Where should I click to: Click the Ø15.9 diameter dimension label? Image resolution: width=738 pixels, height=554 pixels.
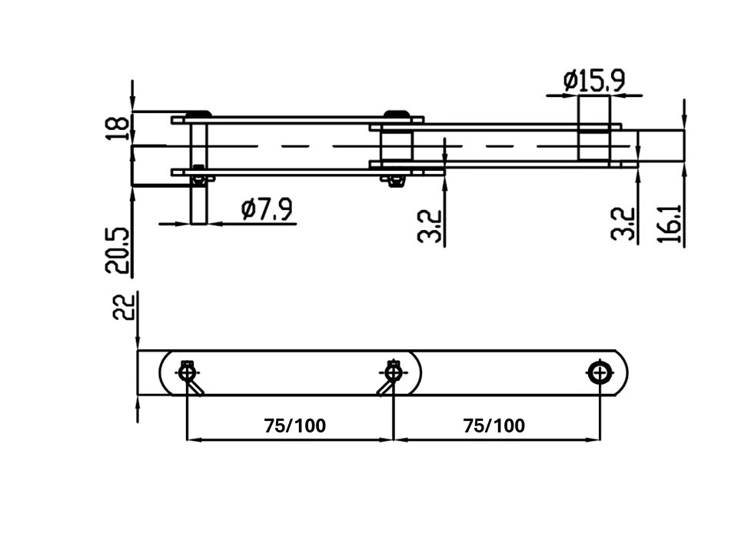(594, 81)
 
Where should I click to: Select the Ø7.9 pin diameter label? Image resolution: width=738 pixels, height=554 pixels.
(267, 209)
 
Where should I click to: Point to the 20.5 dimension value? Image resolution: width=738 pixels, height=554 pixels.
(116, 250)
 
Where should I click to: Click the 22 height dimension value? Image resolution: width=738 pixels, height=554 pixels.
(123, 307)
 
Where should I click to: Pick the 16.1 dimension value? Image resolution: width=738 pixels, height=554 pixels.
(670, 224)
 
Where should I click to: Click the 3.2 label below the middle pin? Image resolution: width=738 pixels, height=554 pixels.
(430, 226)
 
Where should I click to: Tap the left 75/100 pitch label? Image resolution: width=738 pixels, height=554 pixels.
(294, 426)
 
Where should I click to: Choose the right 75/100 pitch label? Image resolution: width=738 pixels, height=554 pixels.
(494, 426)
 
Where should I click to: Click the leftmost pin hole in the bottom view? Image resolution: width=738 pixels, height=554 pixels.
(188, 373)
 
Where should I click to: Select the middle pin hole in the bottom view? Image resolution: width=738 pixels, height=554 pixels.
(393, 373)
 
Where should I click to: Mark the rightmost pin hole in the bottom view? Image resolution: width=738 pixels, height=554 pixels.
(600, 374)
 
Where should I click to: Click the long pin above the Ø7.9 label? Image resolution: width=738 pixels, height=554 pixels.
(198, 173)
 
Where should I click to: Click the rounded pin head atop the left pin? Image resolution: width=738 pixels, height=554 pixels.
(198, 114)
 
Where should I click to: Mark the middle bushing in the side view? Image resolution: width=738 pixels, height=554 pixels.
(397, 145)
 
